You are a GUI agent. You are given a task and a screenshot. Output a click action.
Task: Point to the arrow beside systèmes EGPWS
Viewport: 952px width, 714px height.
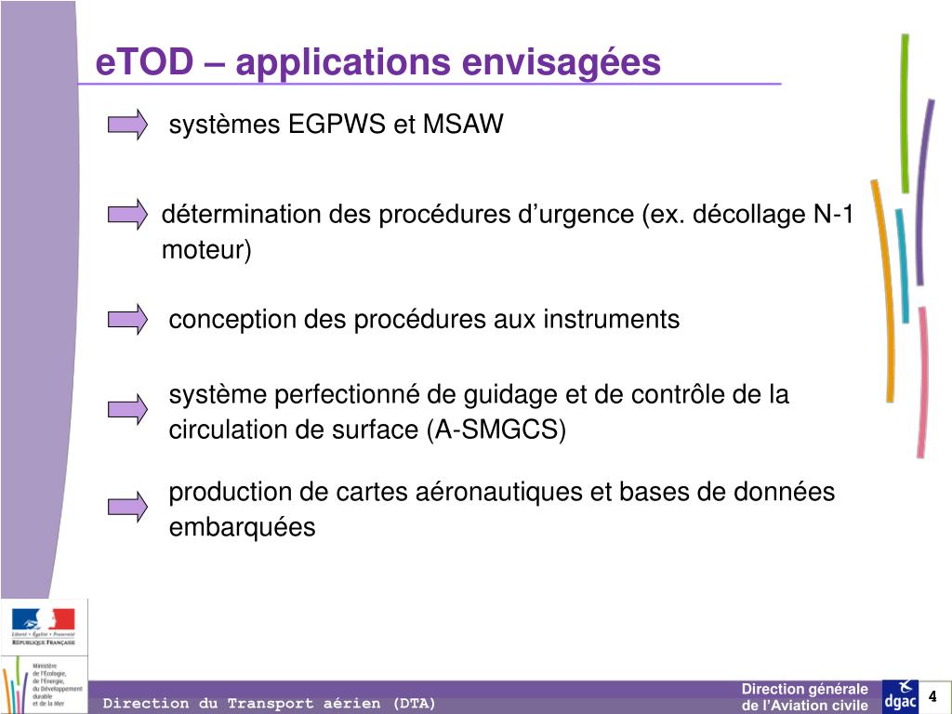pos(127,124)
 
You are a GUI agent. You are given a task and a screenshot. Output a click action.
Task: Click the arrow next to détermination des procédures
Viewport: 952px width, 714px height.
pos(127,215)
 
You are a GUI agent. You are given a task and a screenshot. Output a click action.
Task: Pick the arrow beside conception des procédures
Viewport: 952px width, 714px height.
pos(127,319)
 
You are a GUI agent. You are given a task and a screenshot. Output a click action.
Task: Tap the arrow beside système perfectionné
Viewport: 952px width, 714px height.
pos(127,408)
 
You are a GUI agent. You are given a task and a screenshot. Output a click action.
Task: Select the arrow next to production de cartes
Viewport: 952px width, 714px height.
pos(127,506)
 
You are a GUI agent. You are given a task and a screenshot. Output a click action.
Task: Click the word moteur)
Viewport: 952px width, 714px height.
pos(206,250)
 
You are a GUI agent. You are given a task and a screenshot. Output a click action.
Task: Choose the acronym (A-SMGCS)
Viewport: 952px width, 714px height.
pos(496,430)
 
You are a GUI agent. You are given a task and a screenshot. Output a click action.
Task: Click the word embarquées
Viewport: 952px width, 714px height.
pos(242,528)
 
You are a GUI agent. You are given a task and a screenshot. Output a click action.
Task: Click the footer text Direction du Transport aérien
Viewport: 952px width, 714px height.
pos(269,704)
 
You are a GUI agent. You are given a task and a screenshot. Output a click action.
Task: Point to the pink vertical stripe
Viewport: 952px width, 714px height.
pos(921,381)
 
